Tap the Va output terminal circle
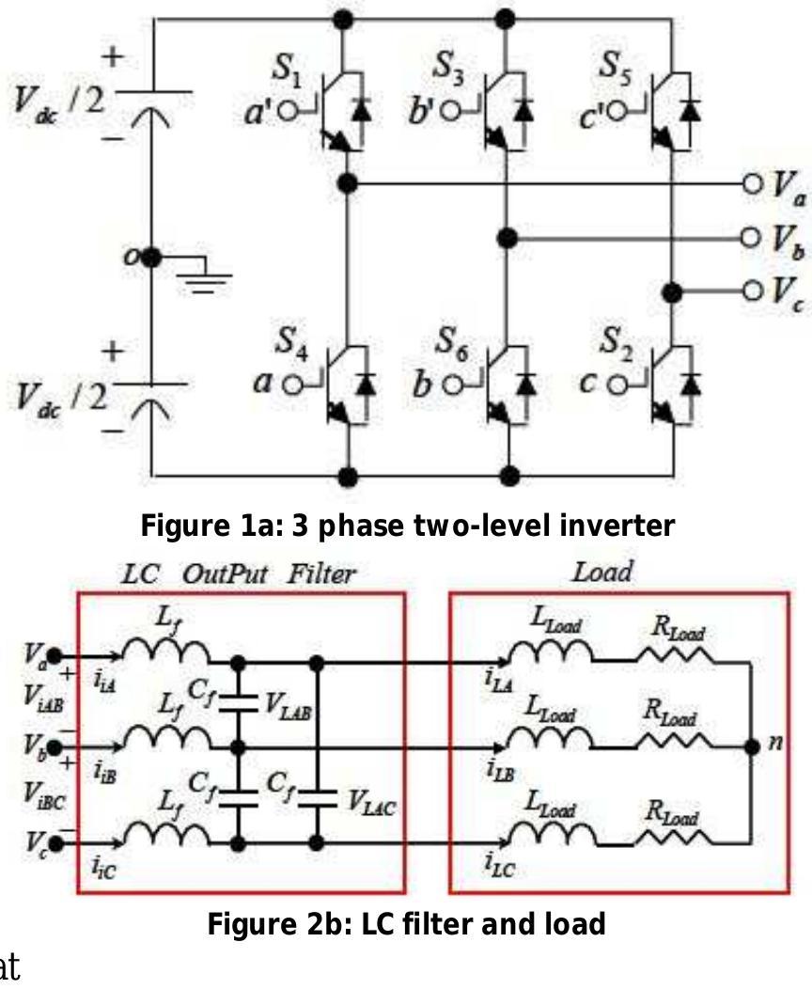click(x=751, y=183)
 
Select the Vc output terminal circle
click(x=751, y=290)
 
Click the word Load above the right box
click(x=602, y=571)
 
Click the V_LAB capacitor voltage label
click(x=289, y=706)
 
